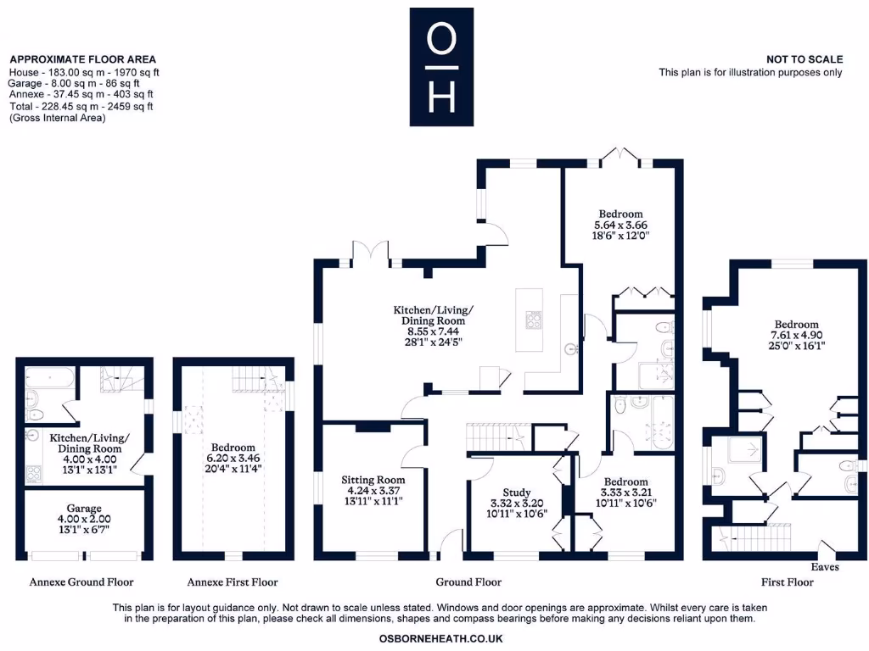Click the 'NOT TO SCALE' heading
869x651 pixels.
pos(804,59)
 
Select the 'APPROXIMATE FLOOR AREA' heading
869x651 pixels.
pos(82,59)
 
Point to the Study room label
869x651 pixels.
pos(516,492)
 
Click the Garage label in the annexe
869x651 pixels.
pos(83,507)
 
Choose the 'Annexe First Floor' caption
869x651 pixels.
pos(232,582)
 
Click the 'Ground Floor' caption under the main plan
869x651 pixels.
pos(468,582)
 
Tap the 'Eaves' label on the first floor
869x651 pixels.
pos(825,566)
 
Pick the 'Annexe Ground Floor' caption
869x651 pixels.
pos(81,582)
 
